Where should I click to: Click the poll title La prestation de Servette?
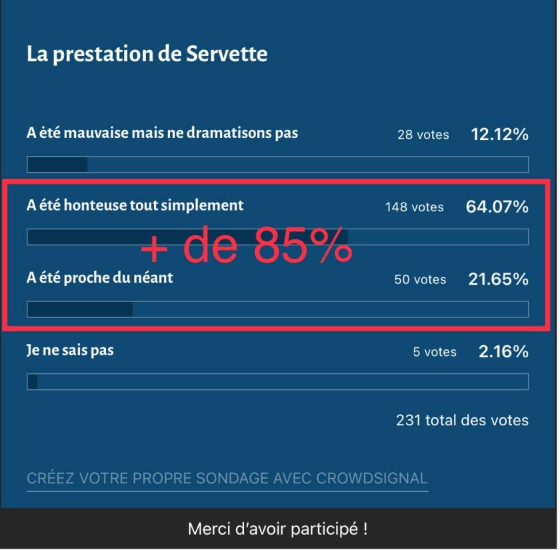147,54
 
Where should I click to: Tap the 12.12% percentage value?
499,134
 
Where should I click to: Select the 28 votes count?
423,135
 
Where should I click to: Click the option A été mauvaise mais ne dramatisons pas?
162,133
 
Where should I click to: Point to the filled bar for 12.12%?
57,165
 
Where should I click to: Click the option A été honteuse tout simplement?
135,205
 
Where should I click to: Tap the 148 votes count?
414,207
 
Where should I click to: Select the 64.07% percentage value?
497,207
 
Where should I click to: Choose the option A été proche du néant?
99,278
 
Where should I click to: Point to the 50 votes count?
420,279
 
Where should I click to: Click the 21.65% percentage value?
498,279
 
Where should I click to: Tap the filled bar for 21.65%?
80,309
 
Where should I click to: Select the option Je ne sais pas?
70,350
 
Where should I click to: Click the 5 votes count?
434,351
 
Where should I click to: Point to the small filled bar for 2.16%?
32,381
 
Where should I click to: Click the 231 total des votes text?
462,420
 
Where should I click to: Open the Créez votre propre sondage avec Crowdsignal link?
227,478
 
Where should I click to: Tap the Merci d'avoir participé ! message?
278,529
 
